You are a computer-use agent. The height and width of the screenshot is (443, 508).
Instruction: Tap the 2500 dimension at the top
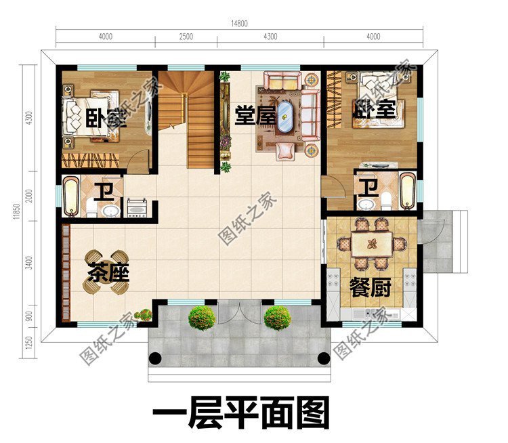pos(186,36)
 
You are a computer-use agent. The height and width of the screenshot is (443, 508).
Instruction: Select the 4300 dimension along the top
pos(269,36)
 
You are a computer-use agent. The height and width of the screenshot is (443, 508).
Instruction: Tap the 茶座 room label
pos(108,273)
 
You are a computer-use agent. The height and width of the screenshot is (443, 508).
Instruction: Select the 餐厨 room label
pos(371,288)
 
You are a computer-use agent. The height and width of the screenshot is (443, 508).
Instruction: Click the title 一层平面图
pos(240,412)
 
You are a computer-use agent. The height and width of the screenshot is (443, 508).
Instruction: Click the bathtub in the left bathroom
pos(72,196)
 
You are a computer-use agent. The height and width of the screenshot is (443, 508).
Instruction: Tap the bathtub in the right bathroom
pos(406,192)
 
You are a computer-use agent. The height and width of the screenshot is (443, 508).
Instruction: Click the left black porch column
pos(156,359)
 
